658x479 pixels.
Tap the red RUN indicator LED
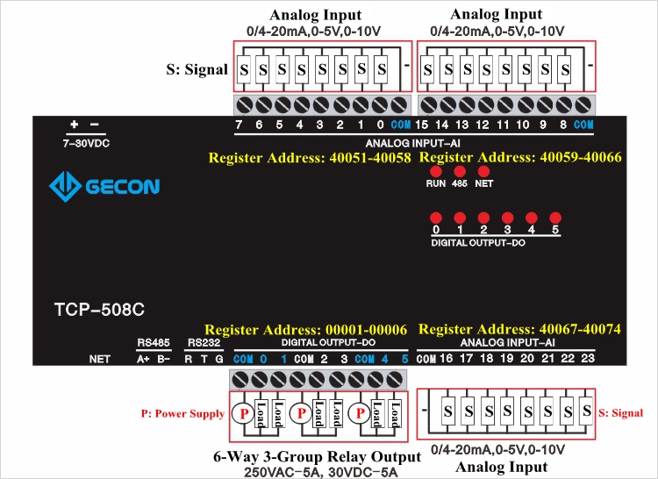(x=435, y=171)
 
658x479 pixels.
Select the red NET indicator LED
(x=483, y=171)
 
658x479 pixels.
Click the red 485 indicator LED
(x=459, y=171)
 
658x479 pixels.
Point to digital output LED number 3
(x=507, y=218)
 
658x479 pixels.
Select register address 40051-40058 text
(x=309, y=158)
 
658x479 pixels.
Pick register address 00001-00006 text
(x=306, y=330)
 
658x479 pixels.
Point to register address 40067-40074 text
(x=520, y=330)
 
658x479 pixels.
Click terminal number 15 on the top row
(x=421, y=125)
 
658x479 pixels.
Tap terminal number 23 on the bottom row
(x=587, y=359)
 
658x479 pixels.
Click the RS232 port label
(x=199, y=343)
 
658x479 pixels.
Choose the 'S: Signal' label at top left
(x=197, y=68)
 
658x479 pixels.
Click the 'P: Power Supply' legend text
(x=182, y=412)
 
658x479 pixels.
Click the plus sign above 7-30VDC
(x=75, y=125)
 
